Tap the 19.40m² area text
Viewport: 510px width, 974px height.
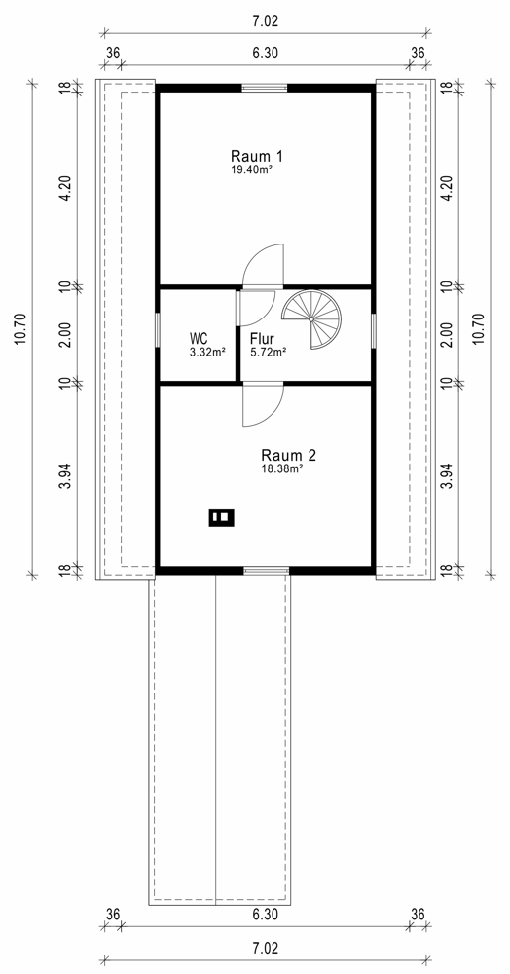pyautogui.click(x=251, y=168)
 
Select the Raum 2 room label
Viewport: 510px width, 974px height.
pyautogui.click(x=288, y=455)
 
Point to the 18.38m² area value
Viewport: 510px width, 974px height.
pyautogui.click(x=281, y=468)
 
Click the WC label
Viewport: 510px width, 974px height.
pyautogui.click(x=199, y=339)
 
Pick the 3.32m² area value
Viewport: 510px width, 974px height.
pyautogui.click(x=206, y=351)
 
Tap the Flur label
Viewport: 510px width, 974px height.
pyautogui.click(x=261, y=339)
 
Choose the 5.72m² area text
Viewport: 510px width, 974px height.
pyautogui.click(x=268, y=352)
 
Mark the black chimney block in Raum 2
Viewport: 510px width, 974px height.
pyautogui.click(x=222, y=517)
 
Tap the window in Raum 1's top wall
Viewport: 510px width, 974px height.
pyautogui.click(x=265, y=88)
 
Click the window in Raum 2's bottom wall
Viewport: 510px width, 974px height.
pyautogui.click(x=266, y=570)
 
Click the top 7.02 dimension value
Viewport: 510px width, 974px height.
pyautogui.click(x=266, y=21)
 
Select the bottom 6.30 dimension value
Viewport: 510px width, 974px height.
pyautogui.click(x=265, y=915)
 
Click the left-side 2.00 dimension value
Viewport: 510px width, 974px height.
pyautogui.click(x=67, y=335)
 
